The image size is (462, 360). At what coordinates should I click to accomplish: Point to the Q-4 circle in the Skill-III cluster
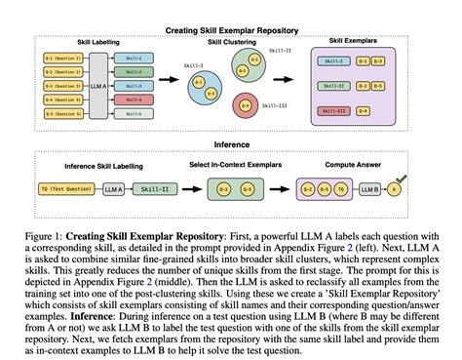[x=246, y=105]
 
